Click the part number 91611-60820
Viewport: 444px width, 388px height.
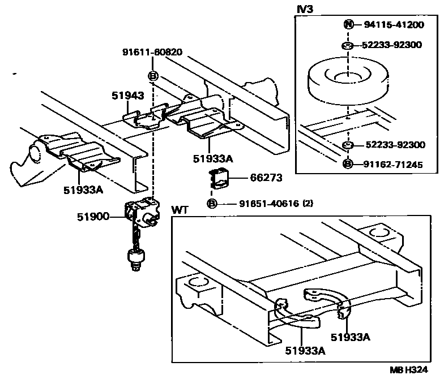[152, 52]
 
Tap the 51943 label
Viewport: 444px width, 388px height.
[127, 96]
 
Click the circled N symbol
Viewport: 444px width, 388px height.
[348, 24]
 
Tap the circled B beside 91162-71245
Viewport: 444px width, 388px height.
[348, 165]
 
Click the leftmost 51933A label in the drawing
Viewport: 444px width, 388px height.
[83, 190]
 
